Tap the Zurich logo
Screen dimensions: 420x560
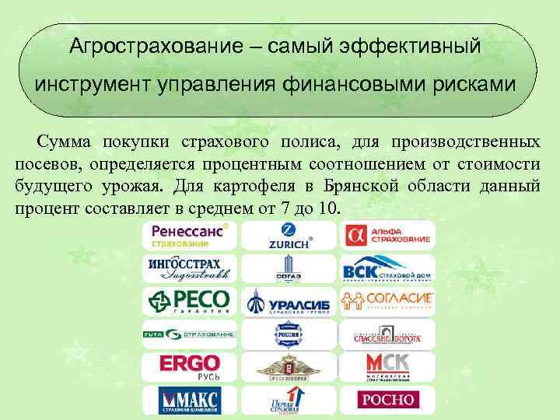point(288,236)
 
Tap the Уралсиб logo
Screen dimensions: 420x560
point(288,302)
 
